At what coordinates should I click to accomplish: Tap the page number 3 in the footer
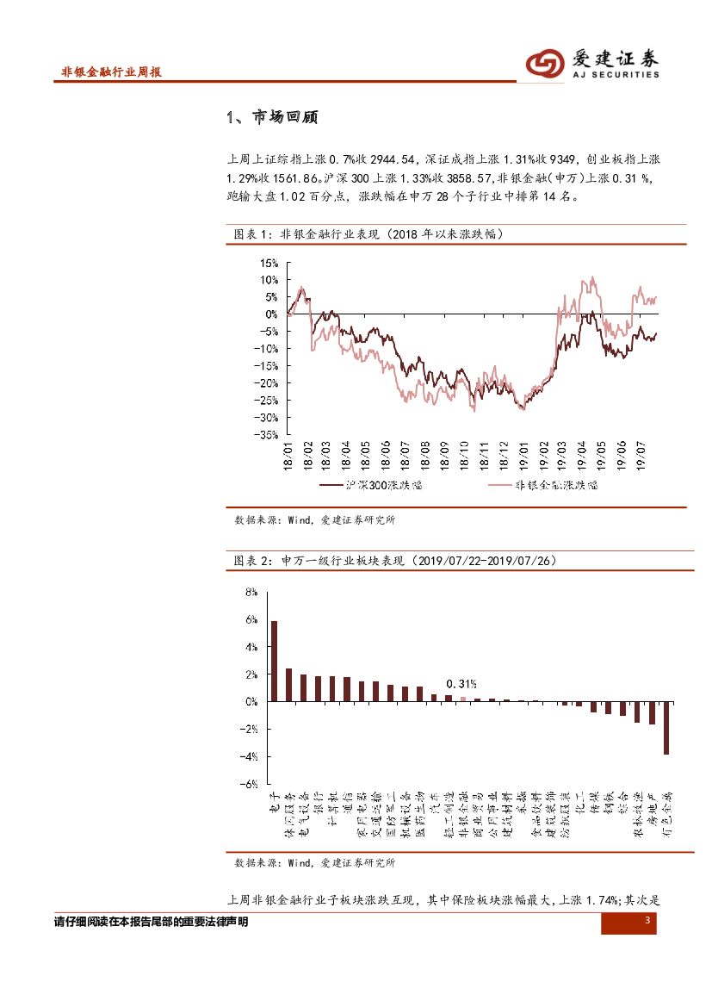pyautogui.click(x=647, y=923)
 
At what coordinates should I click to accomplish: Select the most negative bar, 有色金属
pyautogui.click(x=666, y=728)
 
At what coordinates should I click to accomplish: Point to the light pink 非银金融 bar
pyautogui.click(x=462, y=699)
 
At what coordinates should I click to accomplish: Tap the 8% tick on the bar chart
pyautogui.click(x=252, y=593)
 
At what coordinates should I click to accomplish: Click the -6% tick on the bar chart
pyautogui.click(x=251, y=784)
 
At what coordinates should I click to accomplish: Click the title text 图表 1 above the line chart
pyautogui.click(x=254, y=234)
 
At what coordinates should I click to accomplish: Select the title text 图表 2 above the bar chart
pyautogui.click(x=254, y=561)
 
